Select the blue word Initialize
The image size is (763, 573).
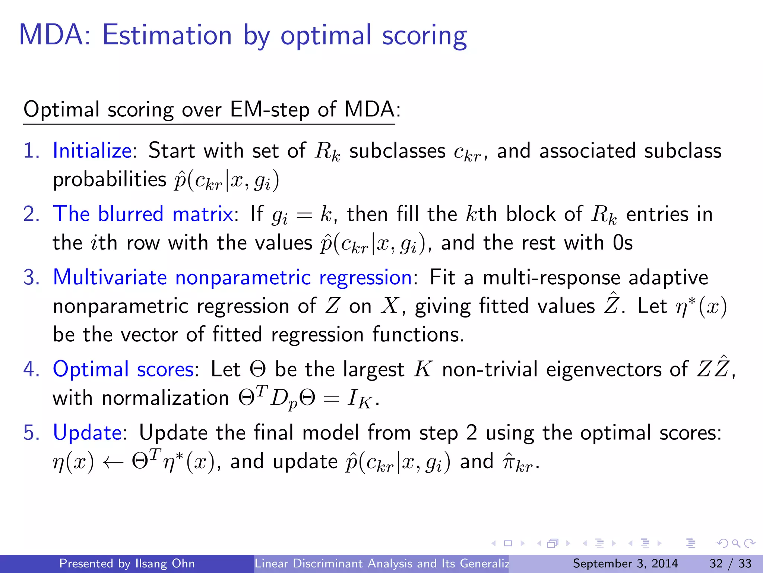click(x=92, y=151)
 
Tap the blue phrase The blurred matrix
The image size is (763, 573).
click(x=143, y=214)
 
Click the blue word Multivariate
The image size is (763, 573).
click(x=110, y=278)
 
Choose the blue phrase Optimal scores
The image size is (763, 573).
click(x=123, y=369)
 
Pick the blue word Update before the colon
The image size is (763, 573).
click(x=87, y=433)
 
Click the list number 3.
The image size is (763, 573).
click(x=31, y=278)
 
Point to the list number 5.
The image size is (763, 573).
click(x=31, y=433)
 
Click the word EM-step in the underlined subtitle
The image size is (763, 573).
click(x=270, y=110)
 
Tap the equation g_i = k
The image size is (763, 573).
click(x=301, y=215)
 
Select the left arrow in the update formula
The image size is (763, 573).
click(x=113, y=463)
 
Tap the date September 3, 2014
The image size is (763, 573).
click(x=625, y=563)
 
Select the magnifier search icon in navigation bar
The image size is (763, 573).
click(x=736, y=544)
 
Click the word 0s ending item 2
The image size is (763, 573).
click(x=623, y=243)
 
